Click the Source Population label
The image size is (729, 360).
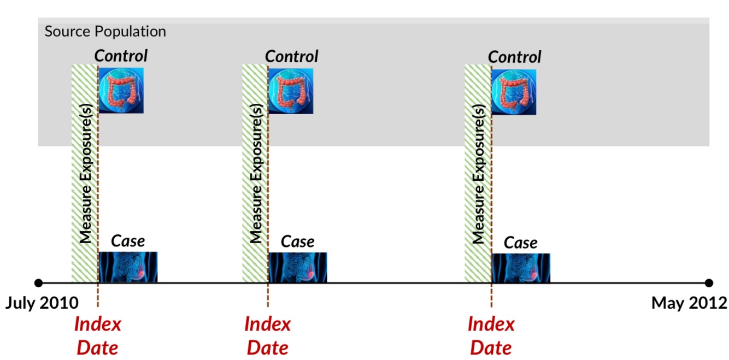[105, 31]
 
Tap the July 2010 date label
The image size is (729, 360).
[42, 303]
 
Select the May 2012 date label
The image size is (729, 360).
[689, 303]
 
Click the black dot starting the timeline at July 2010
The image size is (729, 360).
[38, 283]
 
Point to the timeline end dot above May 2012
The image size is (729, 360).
[709, 283]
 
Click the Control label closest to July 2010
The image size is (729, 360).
[121, 56]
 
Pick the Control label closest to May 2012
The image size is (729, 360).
[514, 57]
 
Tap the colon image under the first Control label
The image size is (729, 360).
[121, 90]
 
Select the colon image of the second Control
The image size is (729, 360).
[291, 91]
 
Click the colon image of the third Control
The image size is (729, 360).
[514, 91]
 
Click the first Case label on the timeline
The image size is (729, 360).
[128, 241]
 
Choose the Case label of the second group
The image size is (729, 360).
[297, 241]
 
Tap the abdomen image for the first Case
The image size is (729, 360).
[128, 267]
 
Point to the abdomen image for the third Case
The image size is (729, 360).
[521, 268]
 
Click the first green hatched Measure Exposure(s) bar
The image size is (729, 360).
[84, 173]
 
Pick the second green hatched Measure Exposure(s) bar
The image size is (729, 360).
[255, 173]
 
